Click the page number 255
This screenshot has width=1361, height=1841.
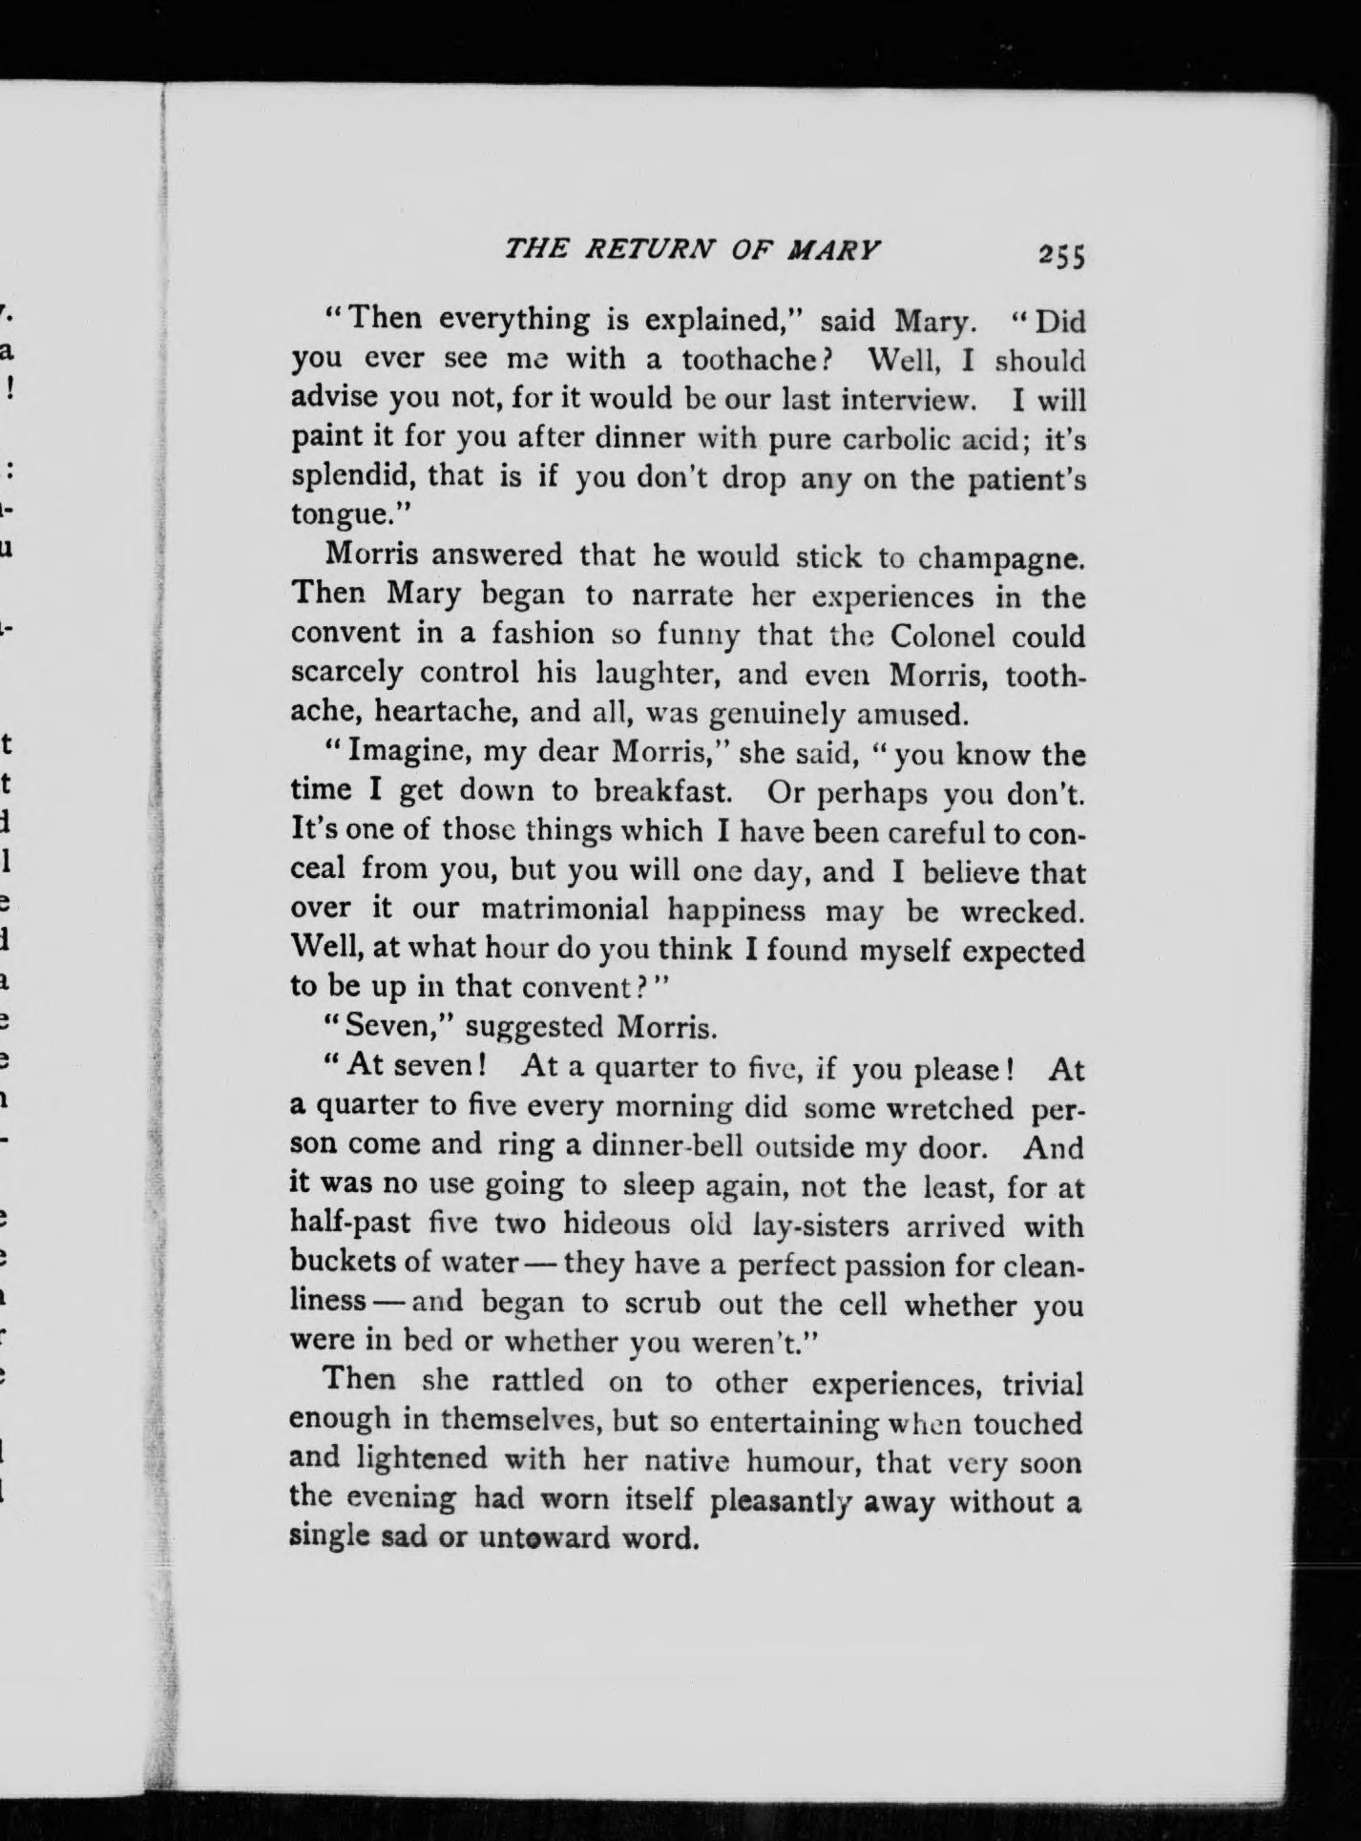tap(1062, 256)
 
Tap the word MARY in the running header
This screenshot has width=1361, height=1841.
tap(831, 250)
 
